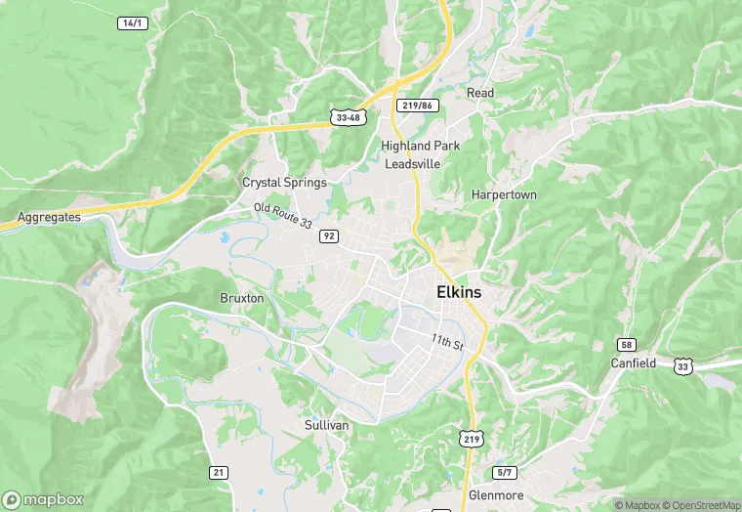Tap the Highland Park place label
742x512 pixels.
point(420,146)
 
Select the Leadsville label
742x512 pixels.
point(412,164)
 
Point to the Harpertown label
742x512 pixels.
point(504,194)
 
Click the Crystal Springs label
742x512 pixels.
point(284,183)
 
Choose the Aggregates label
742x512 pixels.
point(49,217)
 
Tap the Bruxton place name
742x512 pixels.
point(242,297)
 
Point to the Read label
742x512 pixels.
point(480,93)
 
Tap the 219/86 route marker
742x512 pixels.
point(418,105)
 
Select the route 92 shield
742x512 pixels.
point(329,235)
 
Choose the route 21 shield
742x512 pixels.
point(219,472)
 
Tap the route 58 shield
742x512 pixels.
point(625,344)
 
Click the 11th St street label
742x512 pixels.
point(446,344)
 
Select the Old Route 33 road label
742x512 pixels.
point(283,216)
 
